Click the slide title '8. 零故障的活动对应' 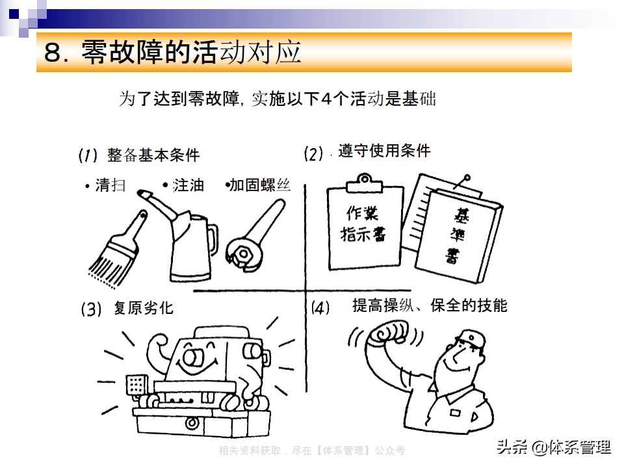click(172, 53)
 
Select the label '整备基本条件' click(153, 156)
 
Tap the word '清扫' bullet click(110, 185)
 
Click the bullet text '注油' click(188, 185)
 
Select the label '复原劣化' click(143, 307)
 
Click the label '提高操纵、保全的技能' click(430, 305)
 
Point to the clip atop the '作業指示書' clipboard click(364, 181)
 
